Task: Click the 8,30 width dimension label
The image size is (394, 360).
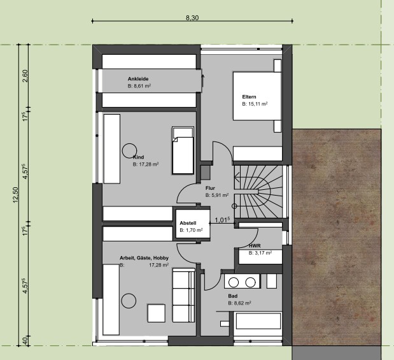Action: [x=192, y=18]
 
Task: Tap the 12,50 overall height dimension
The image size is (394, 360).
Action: [x=15, y=195]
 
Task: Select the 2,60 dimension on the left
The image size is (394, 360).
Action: [x=25, y=76]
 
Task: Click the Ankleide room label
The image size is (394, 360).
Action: [x=138, y=79]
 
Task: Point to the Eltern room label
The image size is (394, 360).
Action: [x=250, y=97]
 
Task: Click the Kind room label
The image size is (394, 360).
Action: [x=139, y=157]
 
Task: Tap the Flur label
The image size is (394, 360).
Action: [x=210, y=188]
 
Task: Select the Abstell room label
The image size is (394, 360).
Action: [x=188, y=223]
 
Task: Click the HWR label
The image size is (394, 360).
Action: [x=255, y=245]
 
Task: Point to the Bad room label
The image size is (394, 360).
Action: [x=233, y=296]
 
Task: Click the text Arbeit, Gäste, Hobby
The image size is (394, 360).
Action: [x=144, y=258]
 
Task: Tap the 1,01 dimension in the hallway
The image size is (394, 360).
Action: [x=222, y=220]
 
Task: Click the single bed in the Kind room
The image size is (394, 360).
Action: [x=183, y=150]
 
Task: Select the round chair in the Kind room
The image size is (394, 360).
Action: [x=129, y=151]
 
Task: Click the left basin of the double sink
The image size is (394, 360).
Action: [x=234, y=282]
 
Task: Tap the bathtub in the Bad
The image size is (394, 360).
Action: [x=258, y=320]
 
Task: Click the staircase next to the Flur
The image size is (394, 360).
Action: [x=258, y=192]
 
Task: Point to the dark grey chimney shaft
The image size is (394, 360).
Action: [x=206, y=173]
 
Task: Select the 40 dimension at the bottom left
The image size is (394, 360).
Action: [x=25, y=341]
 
